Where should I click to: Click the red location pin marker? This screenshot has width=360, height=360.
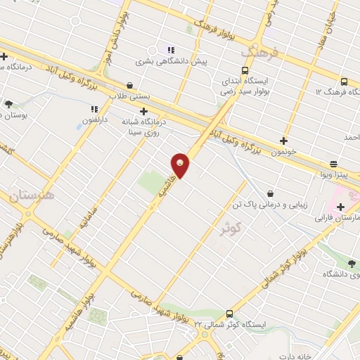click(x=181, y=165)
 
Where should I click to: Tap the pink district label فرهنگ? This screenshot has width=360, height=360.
click(x=259, y=53)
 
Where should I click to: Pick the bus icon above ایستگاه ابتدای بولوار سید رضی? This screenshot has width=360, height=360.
click(x=244, y=70)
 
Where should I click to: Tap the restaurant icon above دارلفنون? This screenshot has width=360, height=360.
click(x=94, y=109)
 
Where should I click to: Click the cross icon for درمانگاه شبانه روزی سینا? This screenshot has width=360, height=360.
click(x=143, y=111)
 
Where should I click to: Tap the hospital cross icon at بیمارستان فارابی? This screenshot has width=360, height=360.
click(x=341, y=207)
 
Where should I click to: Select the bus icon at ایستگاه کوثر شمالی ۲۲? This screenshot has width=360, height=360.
click(x=229, y=314)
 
